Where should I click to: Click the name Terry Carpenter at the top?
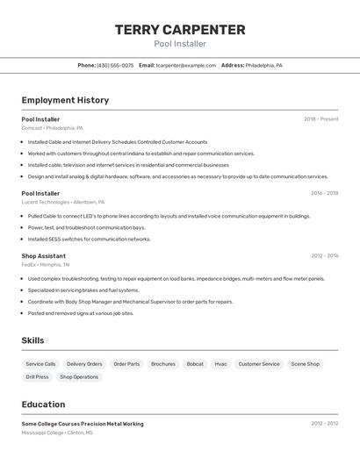[180, 30]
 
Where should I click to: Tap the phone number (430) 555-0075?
[115, 65]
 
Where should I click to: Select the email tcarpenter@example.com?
[186, 65]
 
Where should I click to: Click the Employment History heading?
[65, 100]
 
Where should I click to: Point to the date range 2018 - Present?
[320, 119]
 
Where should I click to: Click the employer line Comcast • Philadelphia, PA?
[53, 128]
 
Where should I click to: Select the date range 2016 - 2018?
[324, 193]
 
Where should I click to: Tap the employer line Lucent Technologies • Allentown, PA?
[63, 202]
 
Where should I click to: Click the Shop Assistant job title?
[44, 256]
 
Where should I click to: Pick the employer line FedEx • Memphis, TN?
[46, 264]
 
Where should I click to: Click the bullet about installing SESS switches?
[89, 239]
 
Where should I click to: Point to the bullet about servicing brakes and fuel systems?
[83, 290]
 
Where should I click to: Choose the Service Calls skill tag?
[40, 364]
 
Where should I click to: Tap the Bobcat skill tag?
[195, 364]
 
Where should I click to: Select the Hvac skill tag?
[221, 364]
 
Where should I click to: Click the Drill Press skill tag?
[37, 377]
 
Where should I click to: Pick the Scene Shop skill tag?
[306, 364]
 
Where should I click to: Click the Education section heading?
[43, 404]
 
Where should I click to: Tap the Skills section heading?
[32, 340]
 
